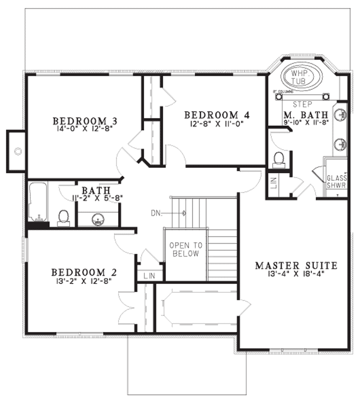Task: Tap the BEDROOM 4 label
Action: point(217,115)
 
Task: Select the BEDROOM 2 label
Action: point(84,273)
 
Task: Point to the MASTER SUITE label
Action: point(296,265)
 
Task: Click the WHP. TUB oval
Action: point(301,76)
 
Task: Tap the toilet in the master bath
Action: point(278,158)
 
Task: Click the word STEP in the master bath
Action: point(302,104)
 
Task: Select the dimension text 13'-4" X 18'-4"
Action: point(296,274)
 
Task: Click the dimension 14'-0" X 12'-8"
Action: point(85,129)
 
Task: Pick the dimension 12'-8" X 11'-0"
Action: point(217,123)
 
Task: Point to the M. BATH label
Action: point(306,115)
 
